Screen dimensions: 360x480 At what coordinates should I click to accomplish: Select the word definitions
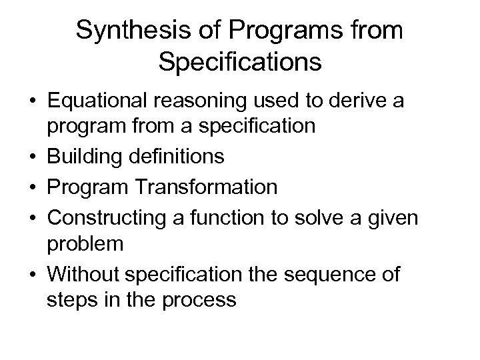click(x=177, y=157)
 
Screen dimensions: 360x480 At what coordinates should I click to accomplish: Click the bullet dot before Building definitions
click(x=31, y=158)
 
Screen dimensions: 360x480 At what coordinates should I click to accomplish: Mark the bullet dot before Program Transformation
click(x=31, y=187)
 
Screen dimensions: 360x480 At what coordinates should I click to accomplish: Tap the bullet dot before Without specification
click(x=31, y=273)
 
